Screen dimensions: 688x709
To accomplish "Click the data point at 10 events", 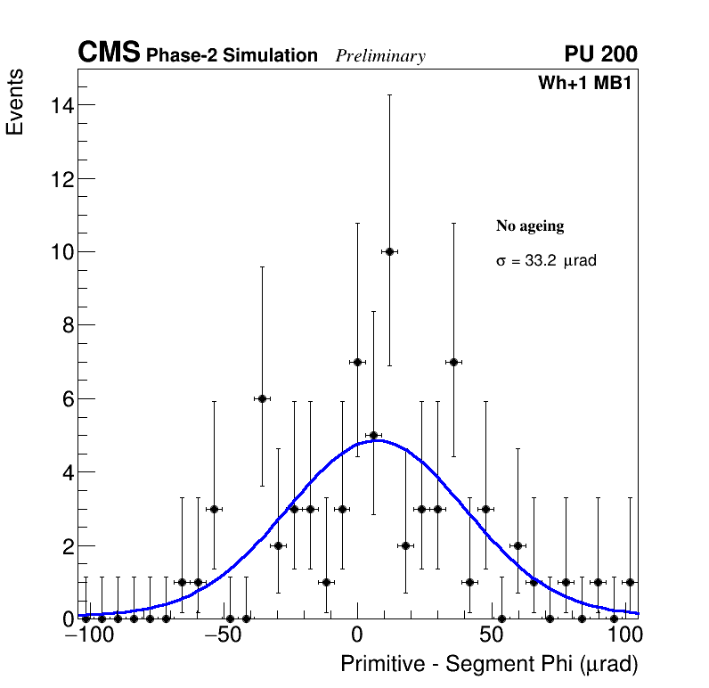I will pos(389,252).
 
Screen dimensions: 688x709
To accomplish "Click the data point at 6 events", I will pos(262,398).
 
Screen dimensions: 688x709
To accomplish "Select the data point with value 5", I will pos(373,435).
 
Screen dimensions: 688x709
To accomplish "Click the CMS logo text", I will pos(109,53).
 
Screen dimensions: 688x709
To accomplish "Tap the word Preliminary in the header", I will pos(380,56).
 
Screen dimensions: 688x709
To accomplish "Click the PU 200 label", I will pos(600,54).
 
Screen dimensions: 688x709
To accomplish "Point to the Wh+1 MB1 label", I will pos(584,84).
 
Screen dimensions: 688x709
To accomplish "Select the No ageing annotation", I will pos(530,226).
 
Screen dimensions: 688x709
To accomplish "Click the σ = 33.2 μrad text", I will pos(545,262).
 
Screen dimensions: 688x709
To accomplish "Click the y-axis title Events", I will pos(15,102).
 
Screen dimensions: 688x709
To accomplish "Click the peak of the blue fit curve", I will pos(377,440).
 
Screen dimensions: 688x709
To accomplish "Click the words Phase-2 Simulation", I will pos(232,56).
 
